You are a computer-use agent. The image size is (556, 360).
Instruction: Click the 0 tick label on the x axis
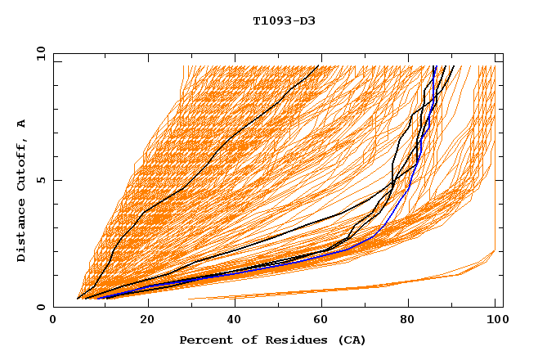point(53,320)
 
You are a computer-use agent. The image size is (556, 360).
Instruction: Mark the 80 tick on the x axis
point(407,320)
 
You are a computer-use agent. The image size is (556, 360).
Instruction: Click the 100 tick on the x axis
point(495,320)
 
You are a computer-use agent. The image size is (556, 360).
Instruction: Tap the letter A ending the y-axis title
point(21,124)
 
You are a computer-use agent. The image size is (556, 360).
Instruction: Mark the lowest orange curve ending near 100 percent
point(409,281)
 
